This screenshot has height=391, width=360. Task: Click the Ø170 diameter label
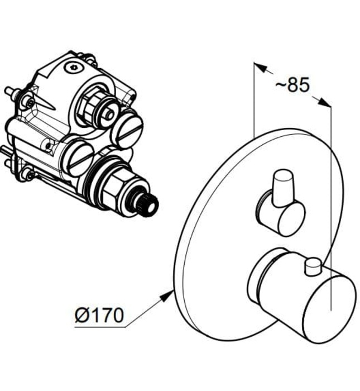(x=99, y=316)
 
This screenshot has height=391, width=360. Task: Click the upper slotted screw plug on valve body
(x=129, y=127)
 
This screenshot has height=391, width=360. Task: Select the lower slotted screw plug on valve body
(x=78, y=158)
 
